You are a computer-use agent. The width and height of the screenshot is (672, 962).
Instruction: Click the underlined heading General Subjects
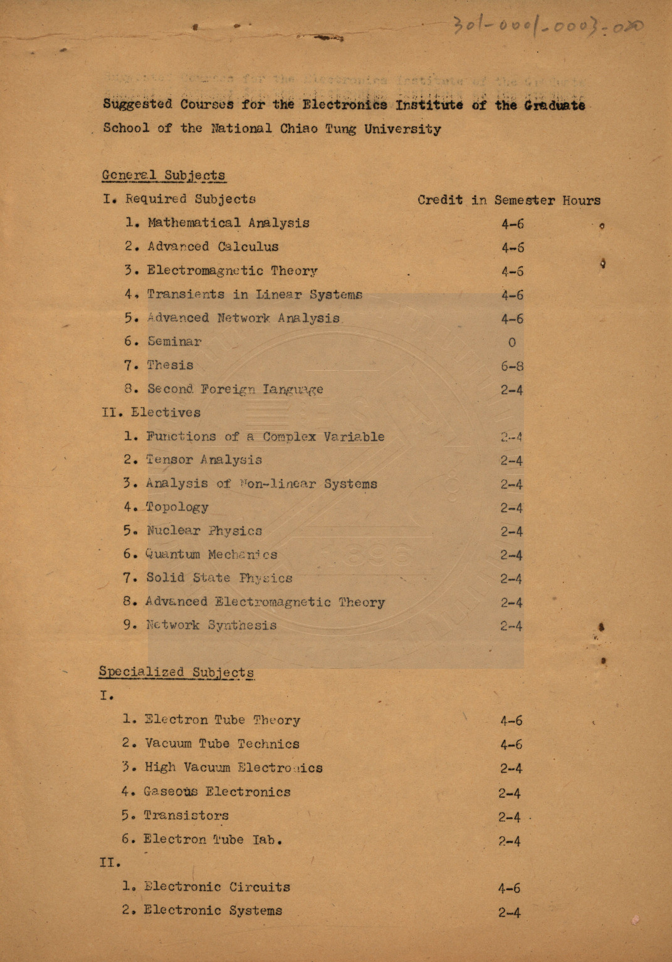pyautogui.click(x=164, y=175)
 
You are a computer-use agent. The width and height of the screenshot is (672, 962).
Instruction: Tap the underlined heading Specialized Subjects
pyautogui.click(x=176, y=672)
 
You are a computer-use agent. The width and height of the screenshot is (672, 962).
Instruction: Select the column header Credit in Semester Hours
pyautogui.click(x=508, y=200)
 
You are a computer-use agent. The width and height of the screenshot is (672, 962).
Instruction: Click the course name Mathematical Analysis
pyautogui.click(x=228, y=223)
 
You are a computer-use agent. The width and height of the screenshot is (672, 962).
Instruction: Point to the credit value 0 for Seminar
pyautogui.click(x=512, y=343)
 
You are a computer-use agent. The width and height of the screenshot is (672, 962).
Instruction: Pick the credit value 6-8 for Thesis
pyautogui.click(x=512, y=366)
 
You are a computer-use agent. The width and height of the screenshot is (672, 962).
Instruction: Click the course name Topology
pyautogui.click(x=177, y=507)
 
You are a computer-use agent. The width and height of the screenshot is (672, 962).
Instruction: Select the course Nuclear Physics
pyautogui.click(x=204, y=531)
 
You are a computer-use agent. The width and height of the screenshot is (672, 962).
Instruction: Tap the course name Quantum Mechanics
pyautogui.click(x=211, y=555)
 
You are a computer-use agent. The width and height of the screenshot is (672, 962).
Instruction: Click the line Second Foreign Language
pyautogui.click(x=234, y=389)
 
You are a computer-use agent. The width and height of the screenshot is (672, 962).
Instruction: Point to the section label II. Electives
pyautogui.click(x=151, y=413)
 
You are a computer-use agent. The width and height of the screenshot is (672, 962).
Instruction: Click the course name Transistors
pyautogui.click(x=186, y=815)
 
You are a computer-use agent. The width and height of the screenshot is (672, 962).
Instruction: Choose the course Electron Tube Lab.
pyautogui.click(x=213, y=839)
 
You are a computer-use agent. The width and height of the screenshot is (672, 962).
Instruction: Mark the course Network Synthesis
pyautogui.click(x=211, y=625)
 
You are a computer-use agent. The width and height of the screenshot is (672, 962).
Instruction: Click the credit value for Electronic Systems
pyautogui.click(x=509, y=913)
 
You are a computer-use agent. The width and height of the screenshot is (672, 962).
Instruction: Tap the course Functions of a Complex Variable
pyautogui.click(x=265, y=437)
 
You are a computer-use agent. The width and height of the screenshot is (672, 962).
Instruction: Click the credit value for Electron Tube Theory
pyautogui.click(x=511, y=721)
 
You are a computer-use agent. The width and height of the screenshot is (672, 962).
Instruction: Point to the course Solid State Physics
pyautogui.click(x=219, y=578)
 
